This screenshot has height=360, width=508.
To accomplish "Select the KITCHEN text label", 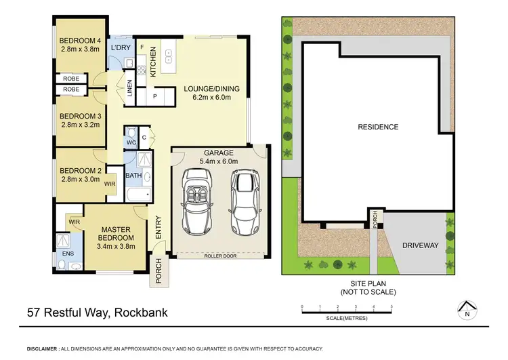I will click(154, 62).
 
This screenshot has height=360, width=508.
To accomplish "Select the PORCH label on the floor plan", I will click(158, 271).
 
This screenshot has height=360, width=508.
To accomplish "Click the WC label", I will click(131, 142).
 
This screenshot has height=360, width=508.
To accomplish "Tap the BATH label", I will click(133, 176).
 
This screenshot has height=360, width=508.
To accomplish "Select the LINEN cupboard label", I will click(131, 89).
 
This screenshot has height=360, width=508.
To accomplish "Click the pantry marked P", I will click(154, 97).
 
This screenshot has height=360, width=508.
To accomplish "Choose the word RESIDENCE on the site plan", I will click(378, 127).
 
